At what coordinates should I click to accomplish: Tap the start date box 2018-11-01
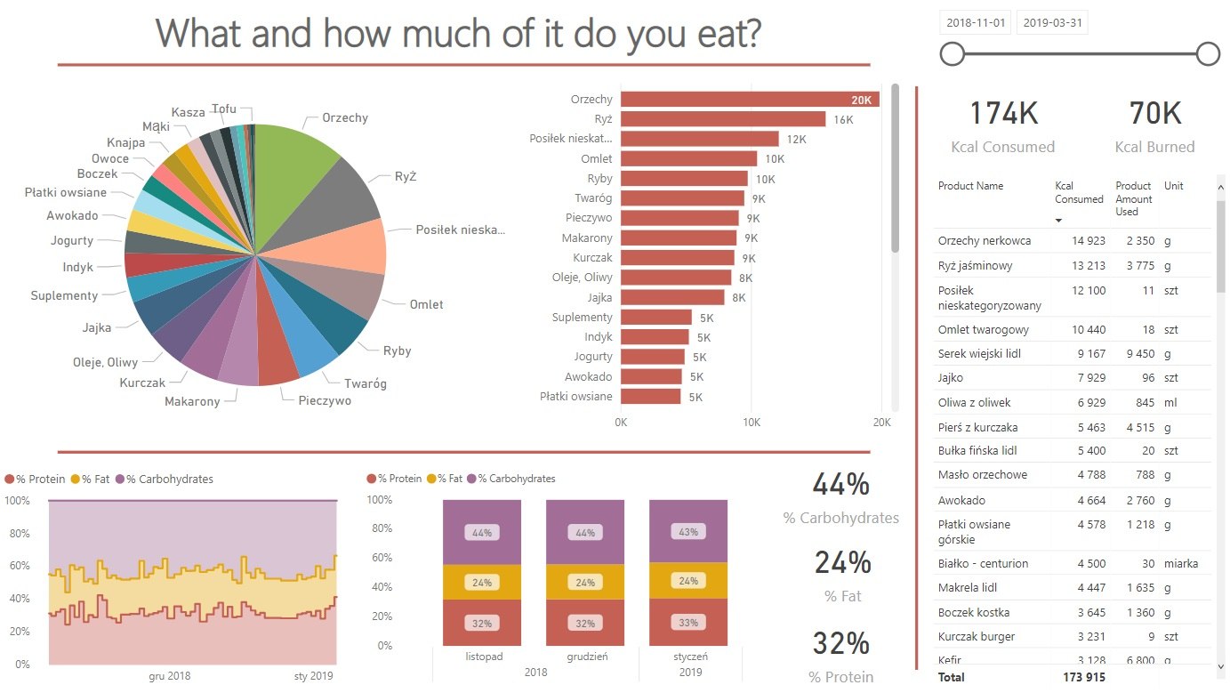coord(976,23)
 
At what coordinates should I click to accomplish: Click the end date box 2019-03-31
coord(1052,23)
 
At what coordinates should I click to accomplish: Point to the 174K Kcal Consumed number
coord(1003,114)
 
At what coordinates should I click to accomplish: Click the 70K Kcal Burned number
coord(1154,114)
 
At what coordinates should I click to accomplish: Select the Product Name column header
coord(970,186)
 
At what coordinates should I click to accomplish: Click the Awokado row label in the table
coord(961,500)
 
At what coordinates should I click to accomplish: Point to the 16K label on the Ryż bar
coord(843,119)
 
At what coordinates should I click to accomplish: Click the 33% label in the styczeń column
coord(688,623)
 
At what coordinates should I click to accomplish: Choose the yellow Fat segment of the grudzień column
coord(585,583)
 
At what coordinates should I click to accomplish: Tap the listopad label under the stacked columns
coord(483,657)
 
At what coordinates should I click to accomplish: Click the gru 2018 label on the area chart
coord(169,676)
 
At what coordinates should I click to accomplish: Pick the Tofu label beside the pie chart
coord(224,109)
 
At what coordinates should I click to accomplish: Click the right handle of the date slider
coord(1208,55)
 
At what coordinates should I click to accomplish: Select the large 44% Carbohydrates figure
coord(840,485)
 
